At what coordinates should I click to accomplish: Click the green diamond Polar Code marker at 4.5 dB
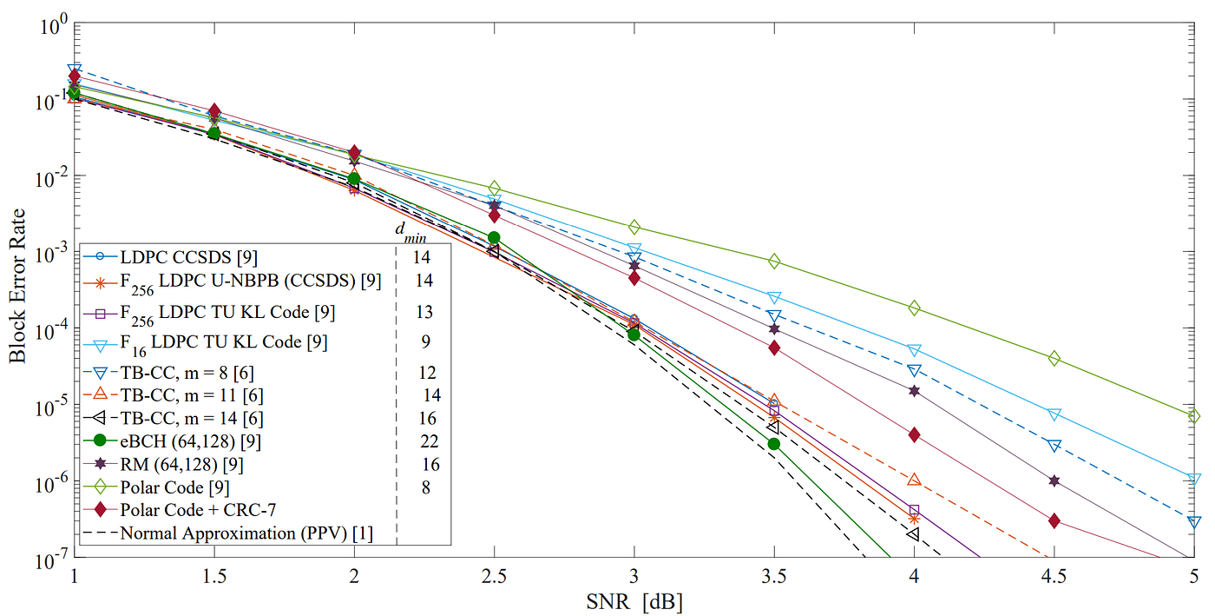coord(1054,358)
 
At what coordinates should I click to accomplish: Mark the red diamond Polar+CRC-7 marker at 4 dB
coord(914,434)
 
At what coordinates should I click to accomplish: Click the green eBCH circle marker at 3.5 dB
coord(773,444)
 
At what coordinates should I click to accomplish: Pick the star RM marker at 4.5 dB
coord(1054,480)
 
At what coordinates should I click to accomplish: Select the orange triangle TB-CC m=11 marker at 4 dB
coord(914,480)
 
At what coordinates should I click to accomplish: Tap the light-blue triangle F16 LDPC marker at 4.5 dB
coord(1054,414)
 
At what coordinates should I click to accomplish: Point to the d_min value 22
coord(426,441)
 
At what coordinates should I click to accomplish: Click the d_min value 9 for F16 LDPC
coord(424,341)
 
